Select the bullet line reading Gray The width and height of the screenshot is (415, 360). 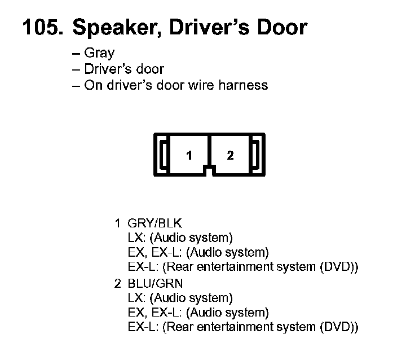(99, 54)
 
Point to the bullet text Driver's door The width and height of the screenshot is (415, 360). (123, 69)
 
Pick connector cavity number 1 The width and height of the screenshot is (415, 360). (189, 156)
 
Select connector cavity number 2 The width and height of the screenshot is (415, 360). (230, 156)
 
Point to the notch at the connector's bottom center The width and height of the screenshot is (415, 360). (210, 169)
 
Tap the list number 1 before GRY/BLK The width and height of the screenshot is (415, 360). (118, 223)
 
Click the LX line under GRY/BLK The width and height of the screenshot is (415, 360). (180, 238)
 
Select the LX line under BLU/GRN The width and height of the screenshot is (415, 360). (180, 298)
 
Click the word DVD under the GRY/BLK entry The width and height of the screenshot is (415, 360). (334, 266)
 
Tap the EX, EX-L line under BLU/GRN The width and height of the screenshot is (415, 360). (198, 313)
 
